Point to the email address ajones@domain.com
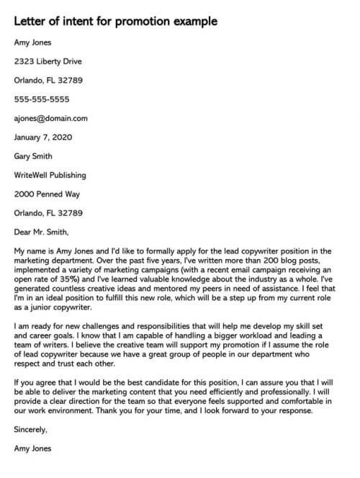click(50, 118)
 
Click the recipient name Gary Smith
click(36, 155)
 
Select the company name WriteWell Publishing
click(50, 174)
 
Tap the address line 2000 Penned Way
click(48, 194)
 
